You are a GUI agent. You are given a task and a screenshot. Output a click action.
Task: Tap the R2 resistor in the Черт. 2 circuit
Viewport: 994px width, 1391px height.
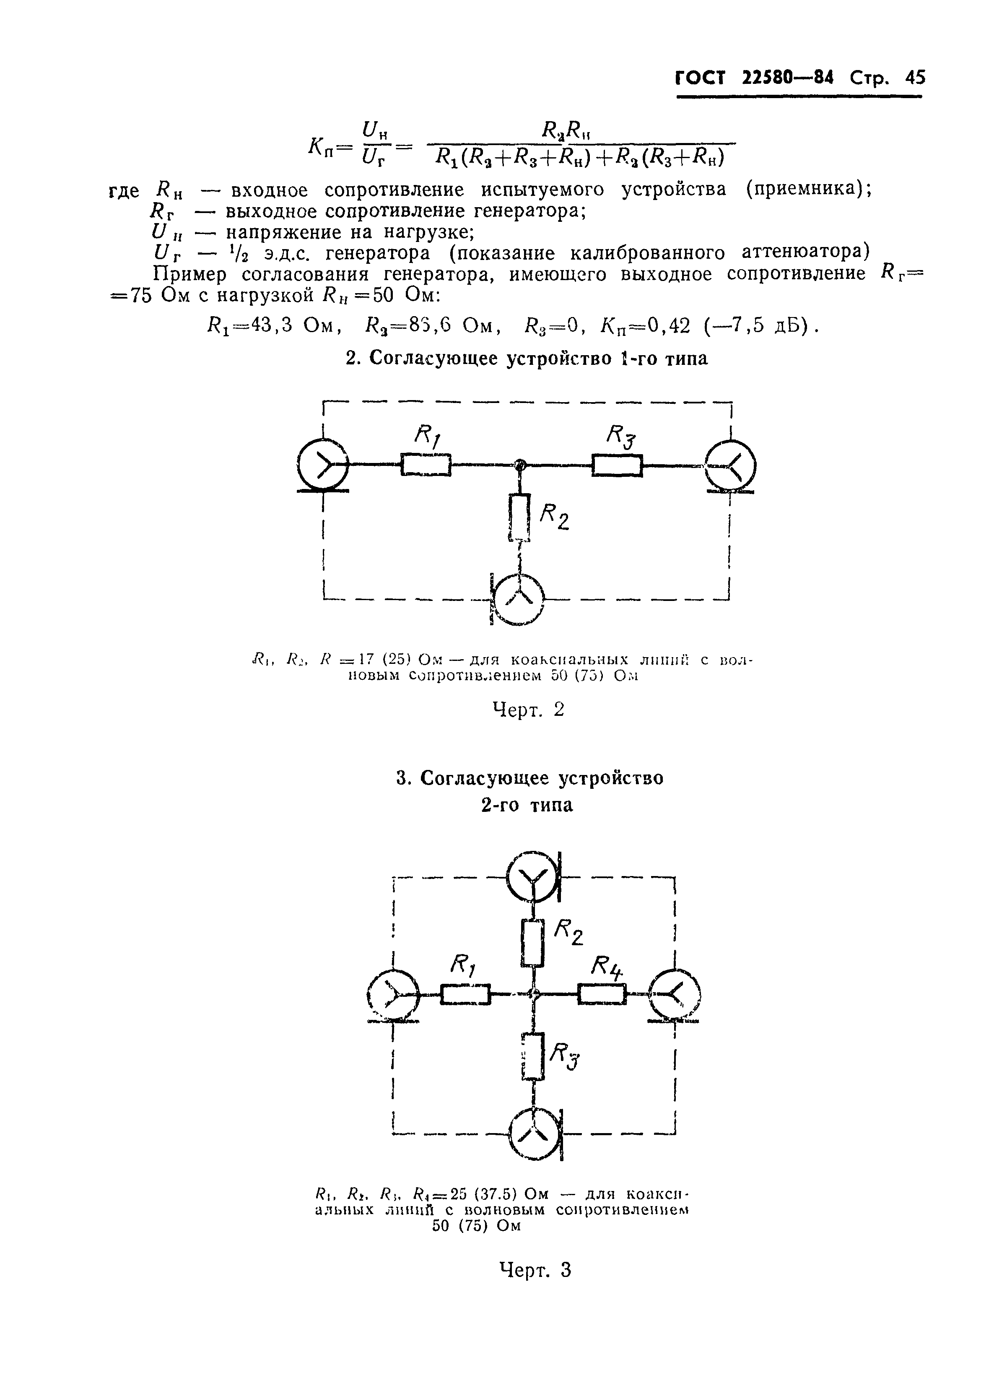tap(519, 517)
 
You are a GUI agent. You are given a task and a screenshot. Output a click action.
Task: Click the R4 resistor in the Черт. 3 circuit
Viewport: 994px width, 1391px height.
tap(602, 993)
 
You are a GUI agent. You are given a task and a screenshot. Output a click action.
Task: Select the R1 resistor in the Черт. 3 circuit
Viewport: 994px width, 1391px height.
tap(465, 993)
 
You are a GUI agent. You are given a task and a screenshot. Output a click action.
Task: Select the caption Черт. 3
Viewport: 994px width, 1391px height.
tap(535, 1270)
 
